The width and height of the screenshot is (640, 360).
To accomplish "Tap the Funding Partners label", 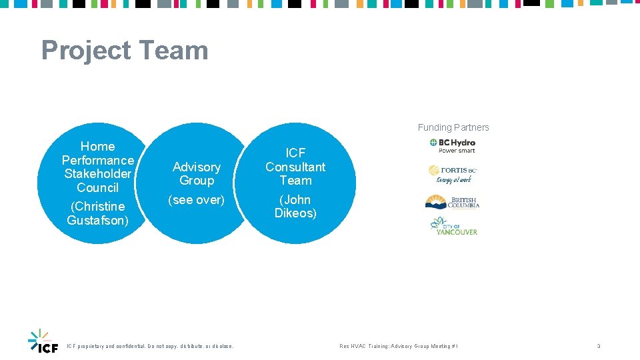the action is [453, 127].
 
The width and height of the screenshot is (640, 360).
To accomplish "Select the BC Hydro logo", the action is [453, 145].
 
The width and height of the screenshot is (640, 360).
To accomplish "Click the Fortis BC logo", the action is [453, 174].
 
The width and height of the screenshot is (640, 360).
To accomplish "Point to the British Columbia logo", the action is [453, 202].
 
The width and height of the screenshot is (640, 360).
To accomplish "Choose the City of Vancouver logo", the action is [453, 226].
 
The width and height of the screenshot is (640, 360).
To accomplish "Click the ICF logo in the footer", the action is [43, 341].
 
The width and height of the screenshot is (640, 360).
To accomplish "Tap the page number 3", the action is [599, 347].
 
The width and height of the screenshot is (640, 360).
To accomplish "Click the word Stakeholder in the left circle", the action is [98, 174].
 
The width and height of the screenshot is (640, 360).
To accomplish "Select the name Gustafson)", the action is [98, 220].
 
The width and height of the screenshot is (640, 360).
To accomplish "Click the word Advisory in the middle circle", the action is [197, 167].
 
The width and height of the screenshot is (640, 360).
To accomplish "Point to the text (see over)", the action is [197, 199].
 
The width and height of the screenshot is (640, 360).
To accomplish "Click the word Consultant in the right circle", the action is [295, 167].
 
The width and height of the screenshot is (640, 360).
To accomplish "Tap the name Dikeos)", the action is [295, 213].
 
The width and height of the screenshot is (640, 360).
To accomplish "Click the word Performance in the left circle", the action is [98, 160].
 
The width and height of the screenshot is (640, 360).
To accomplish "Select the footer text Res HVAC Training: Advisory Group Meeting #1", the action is [399, 347].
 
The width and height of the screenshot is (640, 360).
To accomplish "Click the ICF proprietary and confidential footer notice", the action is [151, 347].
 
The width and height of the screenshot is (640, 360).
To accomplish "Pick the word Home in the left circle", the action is [98, 146].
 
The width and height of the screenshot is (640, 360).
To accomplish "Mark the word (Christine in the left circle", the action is [98, 206].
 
